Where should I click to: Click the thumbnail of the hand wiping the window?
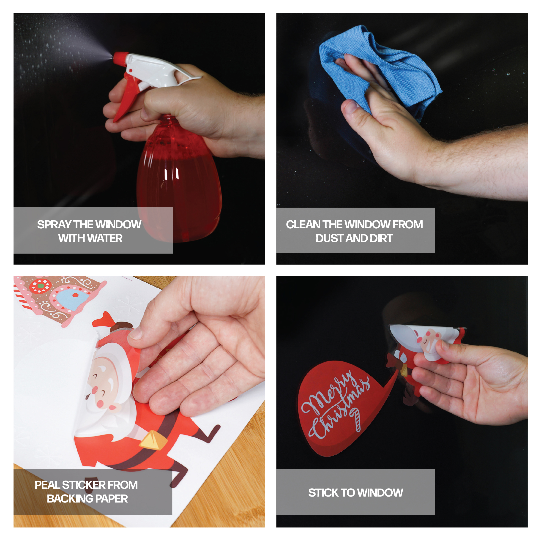pos(402,139)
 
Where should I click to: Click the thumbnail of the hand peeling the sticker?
pos(139,402)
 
